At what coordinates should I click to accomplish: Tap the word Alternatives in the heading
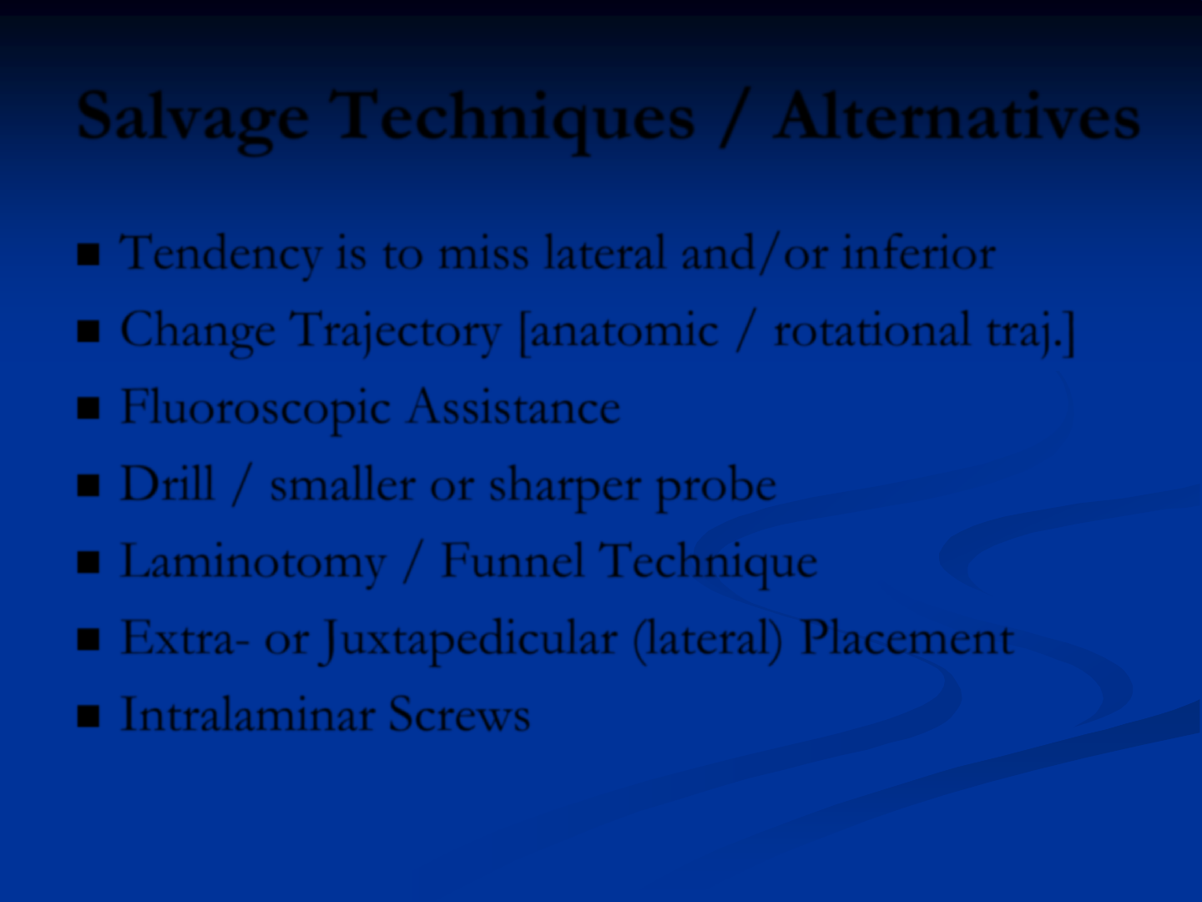pyautogui.click(x=957, y=116)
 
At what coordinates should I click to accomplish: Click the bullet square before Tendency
pyautogui.click(x=88, y=254)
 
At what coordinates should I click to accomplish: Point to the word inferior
pyautogui.click(x=919, y=252)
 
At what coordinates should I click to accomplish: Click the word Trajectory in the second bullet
pyautogui.click(x=398, y=332)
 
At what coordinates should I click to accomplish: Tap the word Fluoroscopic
pyautogui.click(x=255, y=409)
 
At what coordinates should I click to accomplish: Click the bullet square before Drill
pyautogui.click(x=88, y=484)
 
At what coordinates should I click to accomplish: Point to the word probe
pyautogui.click(x=715, y=486)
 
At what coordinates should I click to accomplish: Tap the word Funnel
pyautogui.click(x=512, y=560)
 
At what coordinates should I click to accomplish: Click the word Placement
pyautogui.click(x=907, y=637)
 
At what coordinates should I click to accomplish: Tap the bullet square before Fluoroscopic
pyautogui.click(x=88, y=408)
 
